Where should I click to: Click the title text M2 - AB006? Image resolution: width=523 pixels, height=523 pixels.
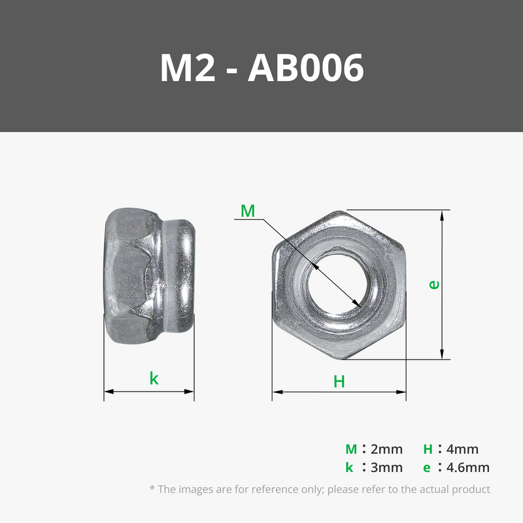[262, 68]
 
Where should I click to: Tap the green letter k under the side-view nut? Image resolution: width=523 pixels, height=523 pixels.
[154, 379]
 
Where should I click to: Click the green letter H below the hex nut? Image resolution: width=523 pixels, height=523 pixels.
[339, 382]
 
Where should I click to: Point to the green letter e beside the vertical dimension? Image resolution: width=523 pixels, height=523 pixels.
[434, 284]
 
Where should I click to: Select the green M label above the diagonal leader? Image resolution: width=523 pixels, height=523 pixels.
[248, 211]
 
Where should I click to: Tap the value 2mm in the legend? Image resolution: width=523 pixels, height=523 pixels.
[386, 449]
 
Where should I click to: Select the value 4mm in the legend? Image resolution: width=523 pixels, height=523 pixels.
[462, 449]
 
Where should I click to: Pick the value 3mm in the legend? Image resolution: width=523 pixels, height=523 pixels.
[386, 467]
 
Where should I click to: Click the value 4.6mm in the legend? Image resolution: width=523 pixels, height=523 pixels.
[468, 467]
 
